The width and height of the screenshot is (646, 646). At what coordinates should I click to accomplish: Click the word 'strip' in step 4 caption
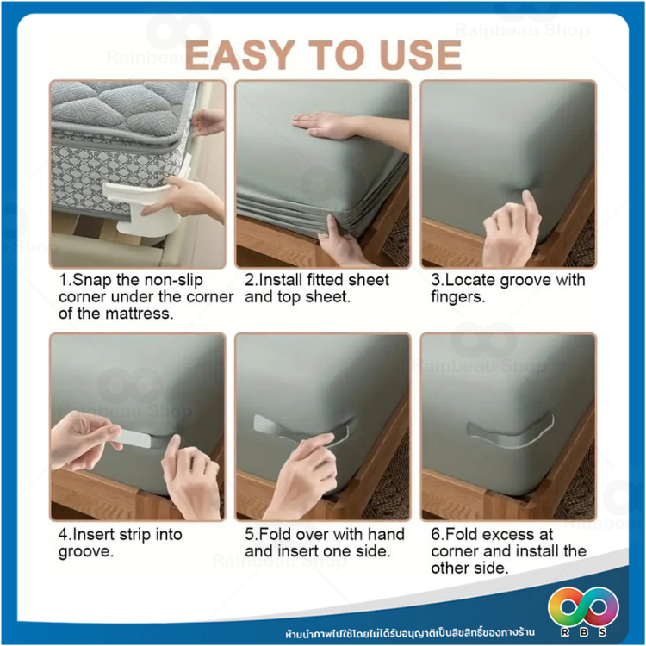pyautogui.click(x=134, y=535)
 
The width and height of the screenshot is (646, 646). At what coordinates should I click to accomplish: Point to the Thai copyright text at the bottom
pyautogui.click(x=410, y=632)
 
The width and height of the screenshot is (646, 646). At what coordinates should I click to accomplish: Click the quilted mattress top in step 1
pyautogui.click(x=120, y=107)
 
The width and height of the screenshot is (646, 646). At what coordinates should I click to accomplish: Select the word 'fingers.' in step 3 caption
pyautogui.click(x=458, y=297)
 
